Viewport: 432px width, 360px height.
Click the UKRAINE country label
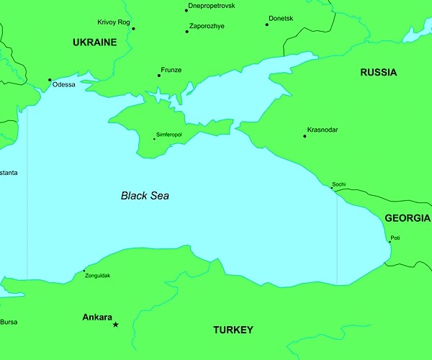(94, 42)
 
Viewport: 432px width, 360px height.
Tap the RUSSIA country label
(378, 72)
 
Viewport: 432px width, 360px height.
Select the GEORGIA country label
(408, 218)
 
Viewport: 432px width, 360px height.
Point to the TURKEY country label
(233, 330)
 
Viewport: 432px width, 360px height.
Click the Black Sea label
(145, 195)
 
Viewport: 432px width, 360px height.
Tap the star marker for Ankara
(115, 325)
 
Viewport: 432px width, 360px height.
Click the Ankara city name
(97, 317)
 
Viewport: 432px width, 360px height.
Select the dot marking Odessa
(50, 80)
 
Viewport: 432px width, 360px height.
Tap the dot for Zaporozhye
(186, 31)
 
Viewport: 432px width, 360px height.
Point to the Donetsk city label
(281, 18)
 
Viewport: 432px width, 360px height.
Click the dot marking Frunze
(159, 76)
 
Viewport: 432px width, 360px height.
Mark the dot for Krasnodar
(305, 136)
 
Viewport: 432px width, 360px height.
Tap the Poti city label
(395, 238)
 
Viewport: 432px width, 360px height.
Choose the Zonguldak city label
(98, 276)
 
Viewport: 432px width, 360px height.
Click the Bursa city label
(9, 322)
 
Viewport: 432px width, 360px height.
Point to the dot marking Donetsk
(266, 24)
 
